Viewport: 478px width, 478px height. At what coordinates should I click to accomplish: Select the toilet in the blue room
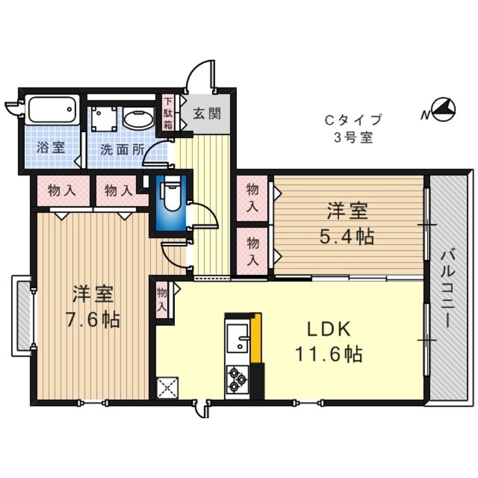172,195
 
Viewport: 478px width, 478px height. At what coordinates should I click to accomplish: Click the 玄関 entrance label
206,114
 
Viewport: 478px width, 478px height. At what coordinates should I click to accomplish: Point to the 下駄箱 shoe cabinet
168,114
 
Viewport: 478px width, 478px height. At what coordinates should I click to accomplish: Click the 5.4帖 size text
347,237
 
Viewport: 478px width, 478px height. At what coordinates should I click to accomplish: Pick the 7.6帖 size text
93,319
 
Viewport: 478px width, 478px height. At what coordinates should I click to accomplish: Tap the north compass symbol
443,110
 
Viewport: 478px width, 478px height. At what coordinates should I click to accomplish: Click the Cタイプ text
354,119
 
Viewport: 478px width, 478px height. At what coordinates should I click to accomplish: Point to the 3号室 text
354,138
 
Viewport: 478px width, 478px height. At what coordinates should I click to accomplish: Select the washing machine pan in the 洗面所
104,119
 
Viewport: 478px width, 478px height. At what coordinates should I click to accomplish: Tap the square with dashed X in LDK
167,388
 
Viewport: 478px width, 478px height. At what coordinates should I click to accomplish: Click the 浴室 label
51,148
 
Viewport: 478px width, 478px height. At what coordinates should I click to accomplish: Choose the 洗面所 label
122,149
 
